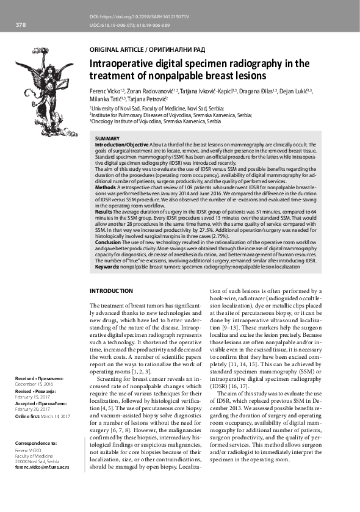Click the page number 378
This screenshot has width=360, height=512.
(x=20, y=25)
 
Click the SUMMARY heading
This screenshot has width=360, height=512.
(x=107, y=139)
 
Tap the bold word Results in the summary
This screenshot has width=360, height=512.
(x=105, y=211)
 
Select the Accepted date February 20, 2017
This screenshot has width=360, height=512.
(x=33, y=409)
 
